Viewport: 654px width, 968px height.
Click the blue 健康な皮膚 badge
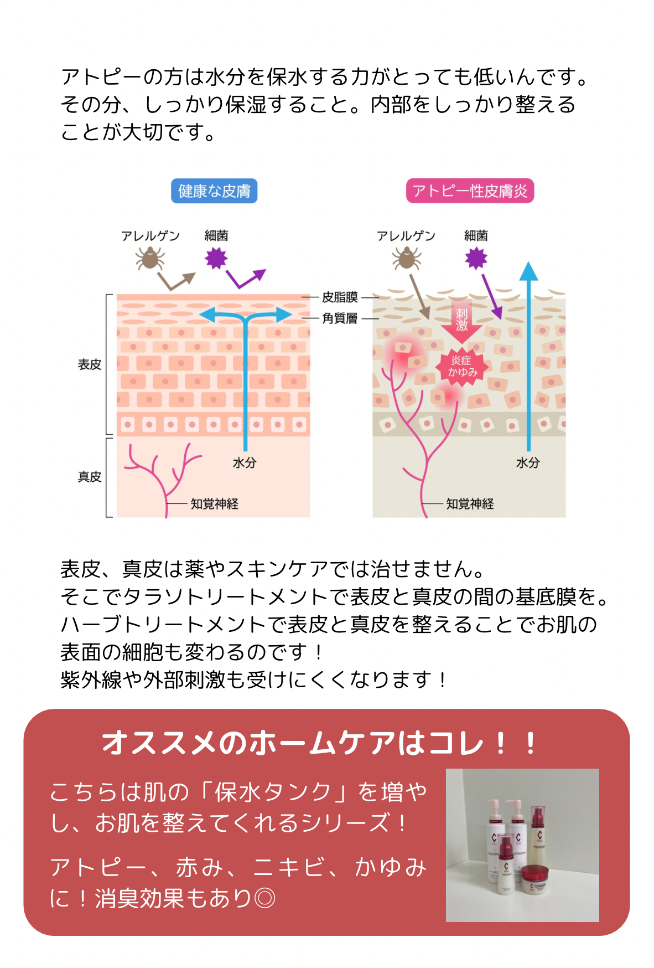tap(214, 191)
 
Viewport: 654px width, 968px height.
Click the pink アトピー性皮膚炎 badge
tap(470, 191)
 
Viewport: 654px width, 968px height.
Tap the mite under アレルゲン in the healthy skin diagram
tap(150, 258)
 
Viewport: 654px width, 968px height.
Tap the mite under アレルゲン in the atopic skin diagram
tap(407, 258)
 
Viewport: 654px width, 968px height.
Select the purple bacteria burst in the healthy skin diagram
tap(216, 258)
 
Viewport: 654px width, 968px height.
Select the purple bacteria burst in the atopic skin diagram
tap(476, 258)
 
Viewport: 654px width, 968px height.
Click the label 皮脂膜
tap(340, 297)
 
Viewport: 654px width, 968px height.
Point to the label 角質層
tap(340, 318)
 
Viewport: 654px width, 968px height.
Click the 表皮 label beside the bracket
tap(90, 364)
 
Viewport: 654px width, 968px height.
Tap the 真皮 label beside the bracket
tap(90, 477)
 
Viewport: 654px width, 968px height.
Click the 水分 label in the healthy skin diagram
tap(245, 463)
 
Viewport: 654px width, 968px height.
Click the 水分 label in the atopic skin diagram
tap(528, 463)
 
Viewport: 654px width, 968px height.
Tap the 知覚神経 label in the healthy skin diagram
tap(215, 504)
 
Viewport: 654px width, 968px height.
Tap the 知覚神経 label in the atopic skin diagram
tap(470, 504)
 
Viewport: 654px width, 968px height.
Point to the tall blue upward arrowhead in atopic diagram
tap(529, 271)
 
